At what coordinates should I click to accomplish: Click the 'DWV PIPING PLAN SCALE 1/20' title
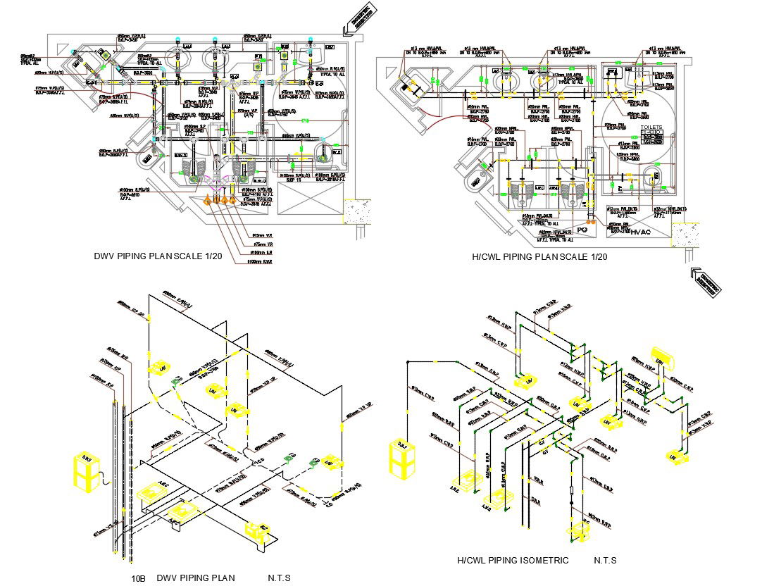pyautogui.click(x=158, y=256)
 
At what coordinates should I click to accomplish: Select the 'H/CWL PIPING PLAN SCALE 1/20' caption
pyautogui.click(x=539, y=257)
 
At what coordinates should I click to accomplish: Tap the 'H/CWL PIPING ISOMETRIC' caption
pyautogui.click(x=512, y=560)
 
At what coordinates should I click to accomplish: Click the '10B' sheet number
pyautogui.click(x=138, y=578)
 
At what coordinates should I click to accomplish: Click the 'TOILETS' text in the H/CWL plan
pyautogui.click(x=651, y=127)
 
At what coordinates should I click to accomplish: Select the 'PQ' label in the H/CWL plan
pyautogui.click(x=582, y=230)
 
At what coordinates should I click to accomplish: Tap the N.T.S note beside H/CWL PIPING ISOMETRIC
pyautogui.click(x=605, y=560)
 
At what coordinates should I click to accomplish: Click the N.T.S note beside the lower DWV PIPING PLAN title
pyautogui.click(x=279, y=578)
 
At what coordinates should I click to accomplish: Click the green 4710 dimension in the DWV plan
pyautogui.click(x=306, y=122)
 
